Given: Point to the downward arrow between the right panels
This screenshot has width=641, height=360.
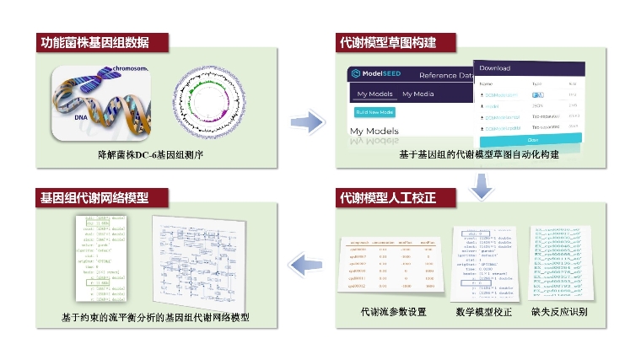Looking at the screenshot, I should (480, 186).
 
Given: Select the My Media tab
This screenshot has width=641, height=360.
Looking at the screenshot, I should (417, 94).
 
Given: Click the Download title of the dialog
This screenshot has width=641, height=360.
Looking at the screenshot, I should (495, 67).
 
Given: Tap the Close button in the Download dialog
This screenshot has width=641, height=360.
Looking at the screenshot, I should (531, 139).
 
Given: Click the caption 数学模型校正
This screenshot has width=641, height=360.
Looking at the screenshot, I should (483, 312).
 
